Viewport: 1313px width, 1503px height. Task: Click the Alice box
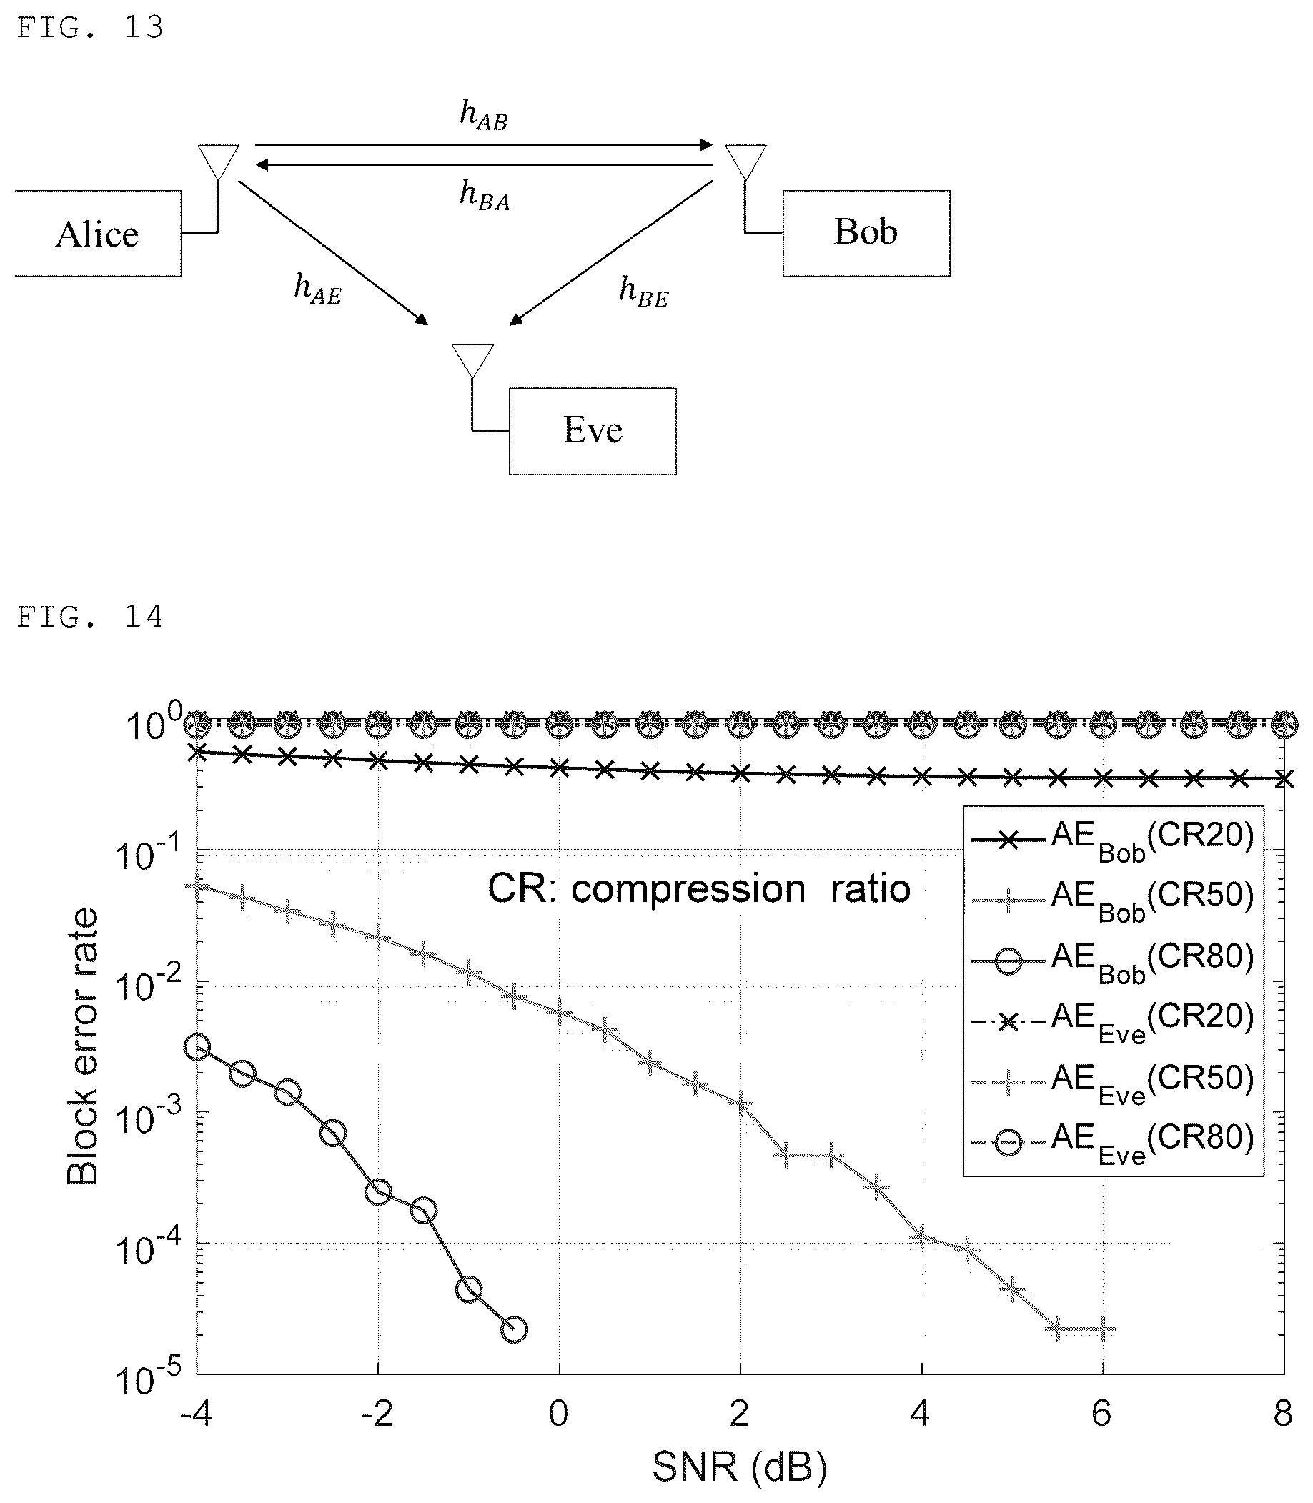coord(97,234)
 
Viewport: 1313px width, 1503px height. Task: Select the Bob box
coord(866,233)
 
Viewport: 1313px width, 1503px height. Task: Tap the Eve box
coord(593,432)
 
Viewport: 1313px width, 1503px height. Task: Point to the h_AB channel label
coord(484,115)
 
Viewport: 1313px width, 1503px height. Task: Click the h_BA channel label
coord(485,195)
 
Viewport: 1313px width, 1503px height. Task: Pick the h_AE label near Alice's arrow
coord(317,289)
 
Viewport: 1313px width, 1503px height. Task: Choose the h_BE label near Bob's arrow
coord(643,292)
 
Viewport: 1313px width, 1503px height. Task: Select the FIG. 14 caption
coord(89,617)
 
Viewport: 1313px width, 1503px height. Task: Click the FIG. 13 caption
coord(89,28)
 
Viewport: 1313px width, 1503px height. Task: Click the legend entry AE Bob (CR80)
coord(1112,960)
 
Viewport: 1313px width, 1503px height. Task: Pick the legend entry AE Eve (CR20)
coord(1112,1021)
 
